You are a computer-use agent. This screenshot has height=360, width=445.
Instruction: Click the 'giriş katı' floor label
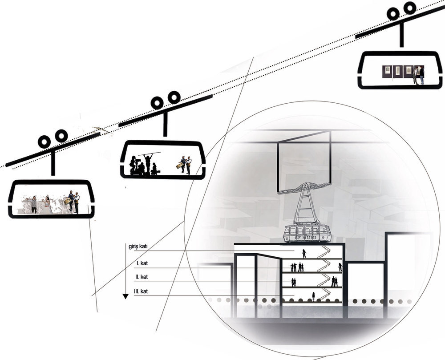(138, 247)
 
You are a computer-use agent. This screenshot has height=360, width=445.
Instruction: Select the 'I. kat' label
(142, 263)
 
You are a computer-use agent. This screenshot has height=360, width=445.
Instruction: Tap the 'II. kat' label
(142, 277)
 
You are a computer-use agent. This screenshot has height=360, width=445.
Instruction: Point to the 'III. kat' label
(141, 291)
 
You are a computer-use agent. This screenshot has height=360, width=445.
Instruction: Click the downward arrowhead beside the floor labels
(125, 296)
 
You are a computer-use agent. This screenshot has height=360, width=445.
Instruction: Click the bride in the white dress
(47, 204)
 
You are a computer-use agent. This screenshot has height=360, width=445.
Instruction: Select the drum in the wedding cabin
(68, 201)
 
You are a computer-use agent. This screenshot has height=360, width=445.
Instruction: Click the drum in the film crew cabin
(179, 166)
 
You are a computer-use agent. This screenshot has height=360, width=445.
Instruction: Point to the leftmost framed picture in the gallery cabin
(387, 69)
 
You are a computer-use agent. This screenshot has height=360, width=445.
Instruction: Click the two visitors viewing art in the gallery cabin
(419, 75)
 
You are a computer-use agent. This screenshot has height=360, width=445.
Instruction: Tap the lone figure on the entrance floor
(304, 254)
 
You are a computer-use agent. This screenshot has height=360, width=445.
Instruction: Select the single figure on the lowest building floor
(313, 297)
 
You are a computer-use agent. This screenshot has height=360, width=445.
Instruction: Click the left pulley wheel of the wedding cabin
(44, 142)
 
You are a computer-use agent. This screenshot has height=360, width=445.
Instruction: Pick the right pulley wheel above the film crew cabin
(174, 97)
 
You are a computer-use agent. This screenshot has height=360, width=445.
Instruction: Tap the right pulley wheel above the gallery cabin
(410, 8)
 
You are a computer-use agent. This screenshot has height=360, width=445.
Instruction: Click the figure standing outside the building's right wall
(340, 267)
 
